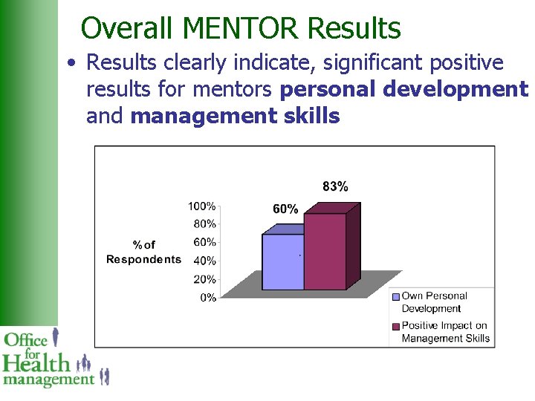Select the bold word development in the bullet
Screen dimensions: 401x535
[x=457, y=89]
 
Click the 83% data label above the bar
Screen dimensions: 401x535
[x=335, y=186]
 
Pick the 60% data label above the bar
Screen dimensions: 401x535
[x=285, y=209]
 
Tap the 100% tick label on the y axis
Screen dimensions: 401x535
[x=201, y=206]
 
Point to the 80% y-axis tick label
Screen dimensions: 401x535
[x=204, y=224]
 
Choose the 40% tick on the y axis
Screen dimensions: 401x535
[x=204, y=261]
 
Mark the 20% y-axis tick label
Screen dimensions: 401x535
[x=204, y=279]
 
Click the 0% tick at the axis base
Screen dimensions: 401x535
[x=208, y=298]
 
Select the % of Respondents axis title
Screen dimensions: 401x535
[x=144, y=252]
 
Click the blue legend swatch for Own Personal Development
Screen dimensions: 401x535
[x=396, y=296]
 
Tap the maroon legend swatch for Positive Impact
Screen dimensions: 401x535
[x=396, y=326]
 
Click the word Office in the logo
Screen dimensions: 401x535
[x=26, y=341]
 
